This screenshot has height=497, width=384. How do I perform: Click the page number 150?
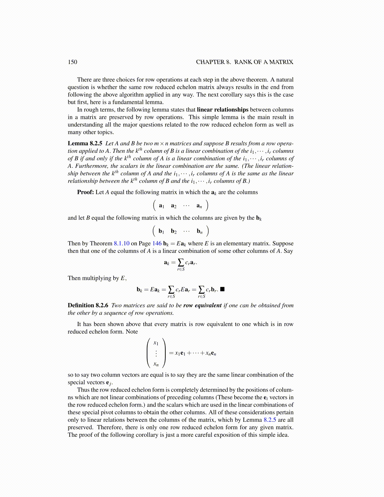(72, 62)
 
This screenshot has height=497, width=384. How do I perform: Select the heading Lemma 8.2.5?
(85, 143)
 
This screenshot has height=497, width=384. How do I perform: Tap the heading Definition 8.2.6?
(88, 305)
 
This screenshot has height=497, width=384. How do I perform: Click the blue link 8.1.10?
(121, 243)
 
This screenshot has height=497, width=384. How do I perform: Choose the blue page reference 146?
(157, 243)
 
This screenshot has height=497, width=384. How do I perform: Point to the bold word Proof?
(85, 192)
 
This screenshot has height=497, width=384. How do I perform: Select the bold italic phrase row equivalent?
(202, 305)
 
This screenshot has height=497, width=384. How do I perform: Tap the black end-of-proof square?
(222, 289)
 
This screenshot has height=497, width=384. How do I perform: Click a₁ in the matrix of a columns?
(162, 206)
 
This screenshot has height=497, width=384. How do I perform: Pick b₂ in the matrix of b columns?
(173, 232)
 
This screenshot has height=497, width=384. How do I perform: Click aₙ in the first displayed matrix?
(199, 206)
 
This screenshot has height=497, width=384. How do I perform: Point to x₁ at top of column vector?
(156, 343)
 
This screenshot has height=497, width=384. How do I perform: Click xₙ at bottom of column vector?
(156, 364)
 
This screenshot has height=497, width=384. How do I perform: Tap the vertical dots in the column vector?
(156, 354)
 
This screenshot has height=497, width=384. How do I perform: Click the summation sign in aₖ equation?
(181, 262)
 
